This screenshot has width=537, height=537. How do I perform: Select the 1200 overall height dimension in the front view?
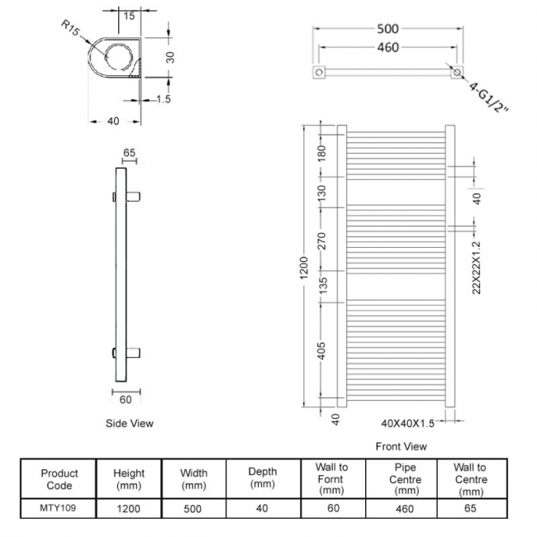click(x=303, y=268)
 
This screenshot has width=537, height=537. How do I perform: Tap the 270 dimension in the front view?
click(x=323, y=240)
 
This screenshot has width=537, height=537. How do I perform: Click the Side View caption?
click(x=130, y=423)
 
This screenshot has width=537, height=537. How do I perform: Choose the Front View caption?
click(x=401, y=446)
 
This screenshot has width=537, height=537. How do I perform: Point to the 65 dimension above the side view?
click(x=129, y=153)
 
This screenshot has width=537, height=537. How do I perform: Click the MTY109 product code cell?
click(x=59, y=510)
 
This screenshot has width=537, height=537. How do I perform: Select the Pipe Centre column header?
click(x=405, y=479)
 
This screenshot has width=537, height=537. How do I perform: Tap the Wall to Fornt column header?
click(x=331, y=479)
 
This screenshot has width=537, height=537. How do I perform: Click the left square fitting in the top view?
click(x=318, y=74)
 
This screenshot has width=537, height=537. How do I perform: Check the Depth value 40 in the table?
click(x=263, y=510)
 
